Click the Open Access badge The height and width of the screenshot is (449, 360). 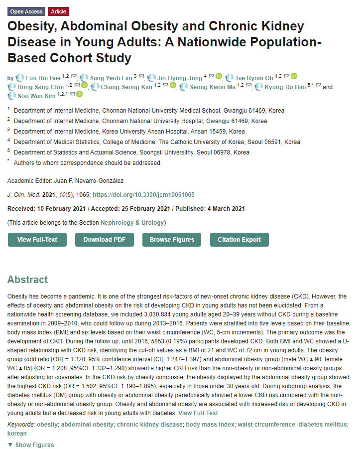pos(26,11)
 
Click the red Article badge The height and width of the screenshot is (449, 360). pos(58,11)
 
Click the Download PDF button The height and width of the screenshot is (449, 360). pos(104,240)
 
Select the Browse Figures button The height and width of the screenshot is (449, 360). pos(172,240)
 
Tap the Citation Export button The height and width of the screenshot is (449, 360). pos(239,240)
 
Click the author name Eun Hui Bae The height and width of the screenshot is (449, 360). pos(43,78)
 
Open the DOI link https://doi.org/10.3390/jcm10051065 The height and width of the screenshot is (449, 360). pos(143,194)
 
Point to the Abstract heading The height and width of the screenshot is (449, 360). pos(27,280)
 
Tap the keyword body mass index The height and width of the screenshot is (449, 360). pos(210,424)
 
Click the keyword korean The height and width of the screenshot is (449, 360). pos(17,433)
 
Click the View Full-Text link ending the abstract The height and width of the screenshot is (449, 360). pos(198,413)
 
